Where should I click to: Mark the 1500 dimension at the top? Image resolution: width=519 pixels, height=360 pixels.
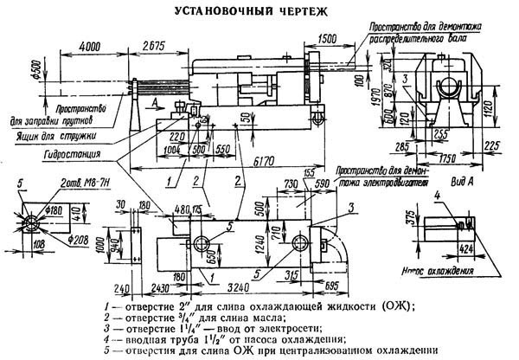point(325,41)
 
